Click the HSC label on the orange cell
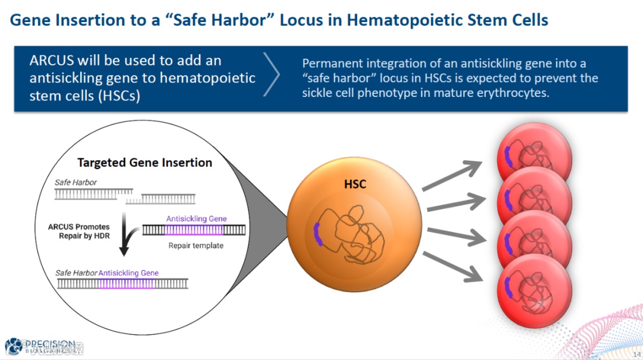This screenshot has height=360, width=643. tap(355, 184)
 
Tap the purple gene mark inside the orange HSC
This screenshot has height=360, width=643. tap(318, 234)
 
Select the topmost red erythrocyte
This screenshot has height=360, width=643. tap(534, 156)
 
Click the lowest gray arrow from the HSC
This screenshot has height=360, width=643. tap(451, 265)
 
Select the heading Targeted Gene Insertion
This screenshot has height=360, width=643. tap(145, 162)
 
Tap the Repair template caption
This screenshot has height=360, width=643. tap(196, 245)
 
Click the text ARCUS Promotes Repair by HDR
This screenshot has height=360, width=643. tap(79, 231)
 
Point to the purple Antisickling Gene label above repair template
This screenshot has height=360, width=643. tap(196, 219)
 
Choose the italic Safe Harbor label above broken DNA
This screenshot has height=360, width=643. tap(76, 182)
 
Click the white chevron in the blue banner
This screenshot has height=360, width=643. tap(271, 75)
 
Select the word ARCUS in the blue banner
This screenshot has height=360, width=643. tap(54, 61)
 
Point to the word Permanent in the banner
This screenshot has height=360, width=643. tap(332, 63)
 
